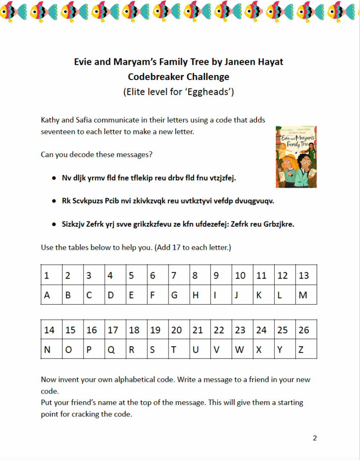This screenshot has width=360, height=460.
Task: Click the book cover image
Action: pos(296,156)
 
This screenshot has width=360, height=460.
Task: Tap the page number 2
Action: pos(315,438)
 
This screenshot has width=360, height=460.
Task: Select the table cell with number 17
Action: pos(112,330)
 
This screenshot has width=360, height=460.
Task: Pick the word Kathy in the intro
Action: pos(51,120)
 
